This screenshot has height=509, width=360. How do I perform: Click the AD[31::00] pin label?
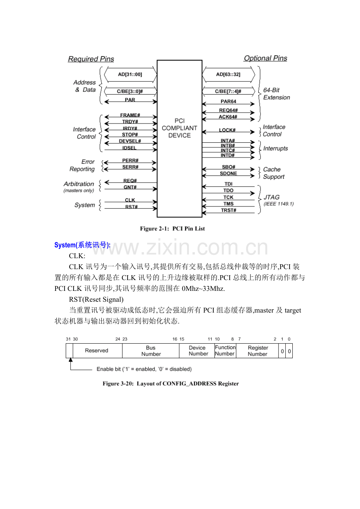(x=130, y=74)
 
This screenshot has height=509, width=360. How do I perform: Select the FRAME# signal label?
(x=130, y=116)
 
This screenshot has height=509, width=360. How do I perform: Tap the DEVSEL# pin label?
(x=130, y=141)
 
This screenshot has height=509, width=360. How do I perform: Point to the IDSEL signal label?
(x=130, y=148)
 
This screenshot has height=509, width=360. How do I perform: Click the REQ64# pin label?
(x=229, y=111)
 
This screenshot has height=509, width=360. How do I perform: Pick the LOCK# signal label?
(x=227, y=130)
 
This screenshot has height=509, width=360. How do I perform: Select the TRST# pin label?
(x=229, y=210)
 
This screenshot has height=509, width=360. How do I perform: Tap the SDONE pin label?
(x=229, y=174)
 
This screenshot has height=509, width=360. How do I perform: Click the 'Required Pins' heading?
(x=91, y=59)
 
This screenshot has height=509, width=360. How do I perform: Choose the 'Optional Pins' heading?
(x=265, y=58)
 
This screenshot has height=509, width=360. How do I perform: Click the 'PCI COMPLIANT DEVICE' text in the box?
(x=180, y=128)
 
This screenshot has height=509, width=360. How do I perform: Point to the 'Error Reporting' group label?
(x=83, y=165)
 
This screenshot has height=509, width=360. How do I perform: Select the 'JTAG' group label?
(x=272, y=197)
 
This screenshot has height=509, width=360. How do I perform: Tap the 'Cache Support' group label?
(x=274, y=173)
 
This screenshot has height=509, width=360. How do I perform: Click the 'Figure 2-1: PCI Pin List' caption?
(x=173, y=229)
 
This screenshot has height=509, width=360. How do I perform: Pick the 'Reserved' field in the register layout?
(x=96, y=350)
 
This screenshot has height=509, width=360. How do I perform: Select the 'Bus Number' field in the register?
(x=151, y=351)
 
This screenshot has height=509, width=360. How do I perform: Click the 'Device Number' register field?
(x=198, y=351)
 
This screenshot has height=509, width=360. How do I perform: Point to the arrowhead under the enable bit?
(x=70, y=360)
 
